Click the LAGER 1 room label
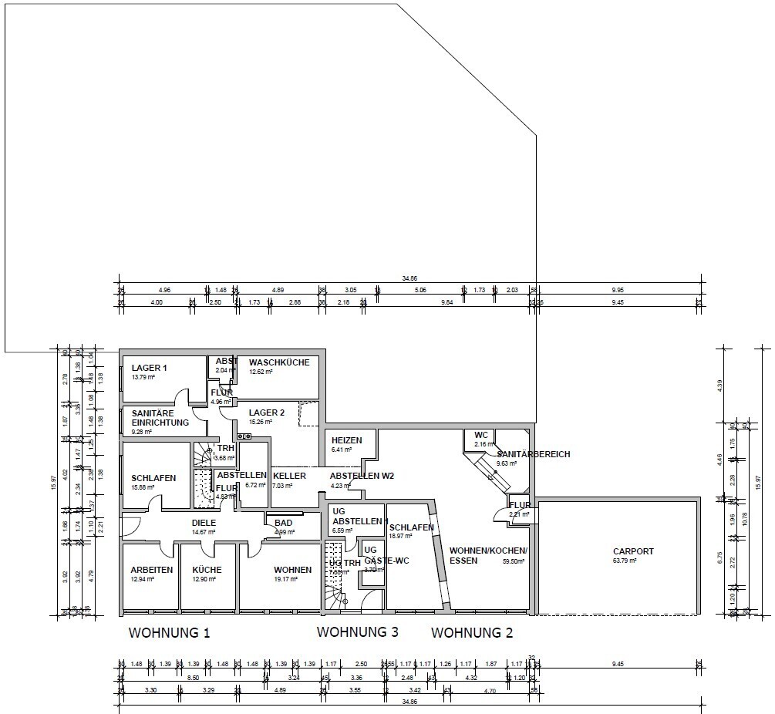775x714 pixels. point(149,368)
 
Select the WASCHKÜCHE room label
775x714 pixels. point(278,362)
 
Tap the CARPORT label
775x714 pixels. point(633,551)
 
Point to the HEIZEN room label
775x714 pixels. point(346,440)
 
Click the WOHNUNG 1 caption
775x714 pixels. point(169,634)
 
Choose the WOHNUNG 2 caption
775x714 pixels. point(472,634)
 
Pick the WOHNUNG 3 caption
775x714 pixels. point(358,632)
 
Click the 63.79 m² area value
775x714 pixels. point(625,561)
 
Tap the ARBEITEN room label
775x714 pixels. point(151,570)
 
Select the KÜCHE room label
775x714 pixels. point(207,570)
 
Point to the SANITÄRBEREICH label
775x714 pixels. point(534,454)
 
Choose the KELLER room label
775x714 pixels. point(289,476)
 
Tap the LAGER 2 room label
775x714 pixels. point(267,413)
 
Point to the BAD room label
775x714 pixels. point(283,523)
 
